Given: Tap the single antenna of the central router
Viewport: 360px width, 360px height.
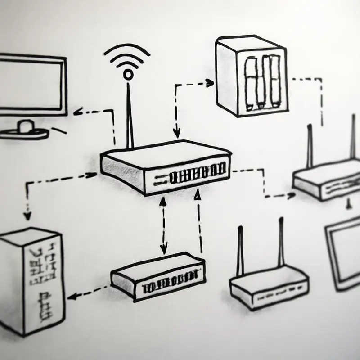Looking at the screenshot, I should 130,112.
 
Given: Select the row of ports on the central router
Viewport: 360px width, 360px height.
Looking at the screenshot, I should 198,174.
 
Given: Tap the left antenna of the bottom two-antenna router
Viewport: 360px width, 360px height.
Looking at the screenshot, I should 240,252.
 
